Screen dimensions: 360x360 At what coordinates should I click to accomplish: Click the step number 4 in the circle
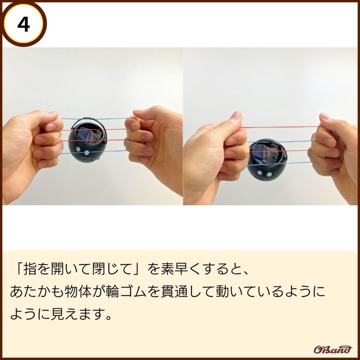click(x=24, y=25)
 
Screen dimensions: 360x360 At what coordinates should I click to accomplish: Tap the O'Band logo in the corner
click(x=333, y=349)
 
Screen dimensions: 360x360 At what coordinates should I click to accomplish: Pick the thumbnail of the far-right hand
click(x=325, y=116)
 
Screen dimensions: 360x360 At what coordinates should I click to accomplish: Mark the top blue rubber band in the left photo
click(x=95, y=119)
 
